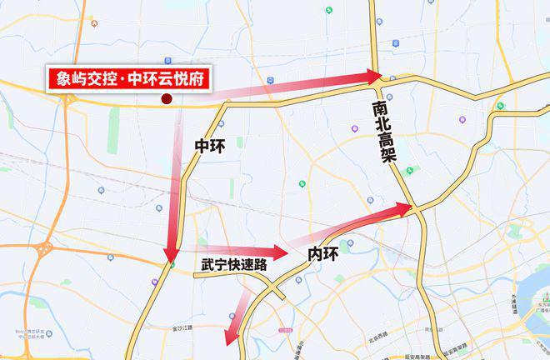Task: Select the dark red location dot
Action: click(x=166, y=99)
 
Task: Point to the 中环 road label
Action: click(x=209, y=146)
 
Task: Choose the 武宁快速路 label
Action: click(x=232, y=265)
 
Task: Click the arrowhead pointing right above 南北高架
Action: click(x=371, y=77)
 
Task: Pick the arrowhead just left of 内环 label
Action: click(x=278, y=251)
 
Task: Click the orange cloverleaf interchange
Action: click(x=46, y=247)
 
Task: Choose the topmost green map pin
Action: click(x=329, y=10)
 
